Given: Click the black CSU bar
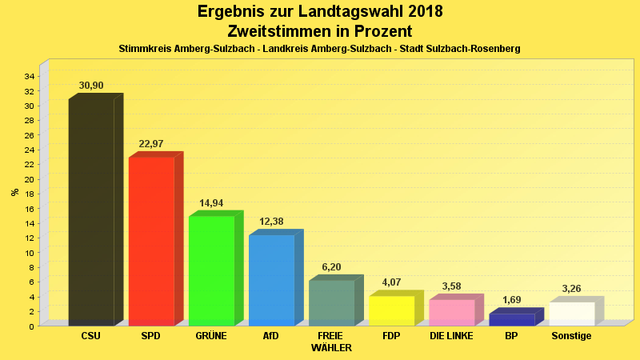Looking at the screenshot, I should click(91, 212).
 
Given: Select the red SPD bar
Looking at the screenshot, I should click(151, 241).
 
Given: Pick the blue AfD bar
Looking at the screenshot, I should click(271, 280).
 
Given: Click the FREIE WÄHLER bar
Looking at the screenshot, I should click(331, 302).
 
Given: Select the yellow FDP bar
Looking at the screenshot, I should click(391, 310).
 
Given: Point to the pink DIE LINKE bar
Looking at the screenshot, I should click(451, 312).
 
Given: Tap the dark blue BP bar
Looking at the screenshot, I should click(511, 319).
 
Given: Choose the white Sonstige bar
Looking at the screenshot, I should click(571, 314).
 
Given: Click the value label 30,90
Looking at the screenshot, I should click(91, 86).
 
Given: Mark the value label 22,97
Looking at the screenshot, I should click(151, 144).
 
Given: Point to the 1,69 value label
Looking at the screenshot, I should click(511, 301).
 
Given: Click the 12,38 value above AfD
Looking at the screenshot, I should click(271, 222).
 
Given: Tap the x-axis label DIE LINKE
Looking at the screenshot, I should click(451, 336).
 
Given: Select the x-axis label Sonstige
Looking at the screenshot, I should click(571, 336).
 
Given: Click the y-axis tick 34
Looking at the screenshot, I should click(29, 77).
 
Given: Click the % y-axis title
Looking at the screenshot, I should click(14, 192).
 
